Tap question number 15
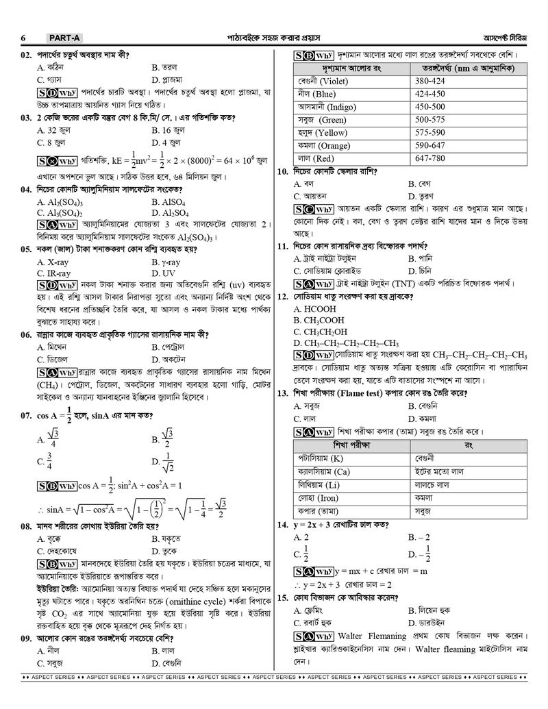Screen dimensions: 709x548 [282, 597]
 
